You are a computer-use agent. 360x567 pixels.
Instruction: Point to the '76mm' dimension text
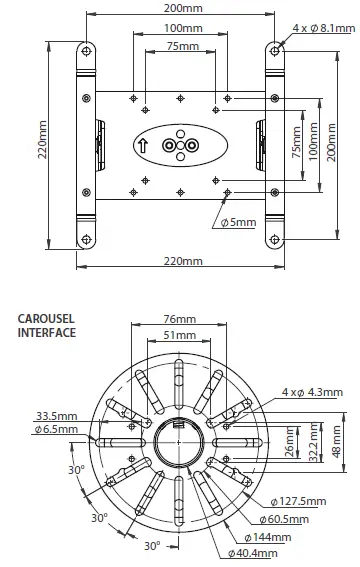(181, 322)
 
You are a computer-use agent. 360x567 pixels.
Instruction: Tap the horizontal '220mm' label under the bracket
(181, 261)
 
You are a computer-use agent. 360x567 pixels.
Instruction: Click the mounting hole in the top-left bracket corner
(88, 51)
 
